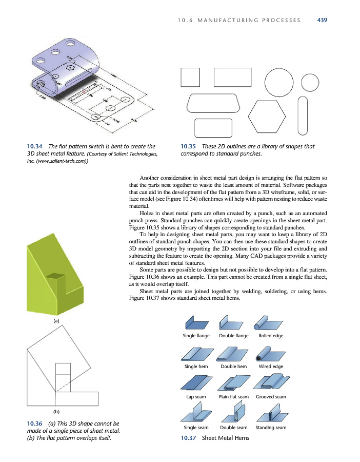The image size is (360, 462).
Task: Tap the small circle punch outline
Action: coord(311,82)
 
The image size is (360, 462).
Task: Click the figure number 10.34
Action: coord(34,146)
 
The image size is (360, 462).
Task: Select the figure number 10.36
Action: coord(34,423)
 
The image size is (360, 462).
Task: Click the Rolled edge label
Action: coord(271,336)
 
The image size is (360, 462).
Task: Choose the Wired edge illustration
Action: coord(270,354)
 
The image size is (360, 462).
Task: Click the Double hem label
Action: coord(233,367)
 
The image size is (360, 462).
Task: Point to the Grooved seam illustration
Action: coord(271,384)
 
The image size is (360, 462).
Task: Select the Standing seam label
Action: coord(271,428)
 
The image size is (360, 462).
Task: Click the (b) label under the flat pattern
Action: coord(56,412)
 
